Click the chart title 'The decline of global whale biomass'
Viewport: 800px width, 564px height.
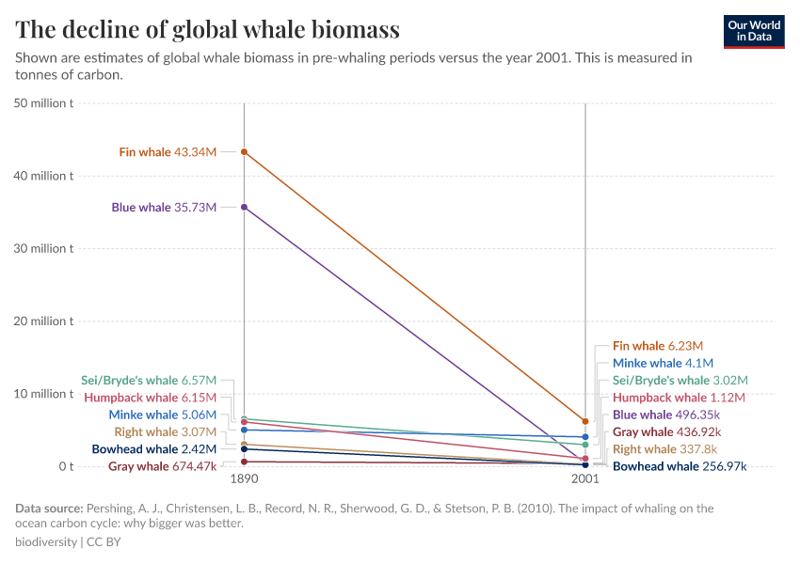click(x=208, y=30)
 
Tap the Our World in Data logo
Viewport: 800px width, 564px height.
click(x=753, y=31)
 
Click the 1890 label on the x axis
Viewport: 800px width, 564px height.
click(x=244, y=478)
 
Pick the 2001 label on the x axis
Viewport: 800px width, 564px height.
click(x=584, y=478)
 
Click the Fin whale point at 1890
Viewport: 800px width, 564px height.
click(x=244, y=151)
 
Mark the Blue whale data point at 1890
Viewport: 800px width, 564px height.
click(x=244, y=207)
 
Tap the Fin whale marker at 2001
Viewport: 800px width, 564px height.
click(x=585, y=421)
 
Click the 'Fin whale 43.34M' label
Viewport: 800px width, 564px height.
click(x=168, y=152)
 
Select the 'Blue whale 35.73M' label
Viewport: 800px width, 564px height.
click(x=164, y=208)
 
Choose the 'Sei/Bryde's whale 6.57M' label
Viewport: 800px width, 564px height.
click(x=149, y=381)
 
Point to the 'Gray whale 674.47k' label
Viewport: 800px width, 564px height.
click(x=162, y=466)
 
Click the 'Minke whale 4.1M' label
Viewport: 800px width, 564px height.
click(x=663, y=363)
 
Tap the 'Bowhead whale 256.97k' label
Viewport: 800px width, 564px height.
click(x=680, y=466)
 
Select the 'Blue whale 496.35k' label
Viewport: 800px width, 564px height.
click(x=666, y=415)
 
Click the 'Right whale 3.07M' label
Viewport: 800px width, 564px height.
click(x=166, y=431)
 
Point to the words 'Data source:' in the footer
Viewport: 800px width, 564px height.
click(x=49, y=509)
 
